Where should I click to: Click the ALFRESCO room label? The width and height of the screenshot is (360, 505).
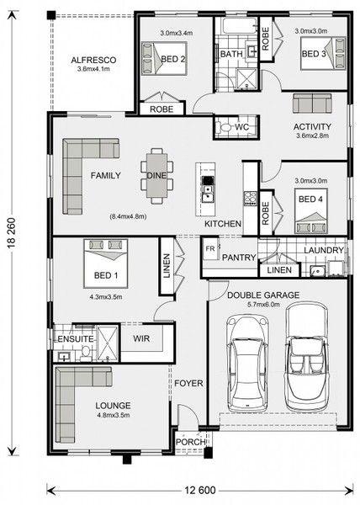[93, 61]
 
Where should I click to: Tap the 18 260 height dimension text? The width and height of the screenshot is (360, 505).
[13, 233]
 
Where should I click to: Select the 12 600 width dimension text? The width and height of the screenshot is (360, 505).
[200, 490]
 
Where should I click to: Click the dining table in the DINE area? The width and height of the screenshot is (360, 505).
[157, 176]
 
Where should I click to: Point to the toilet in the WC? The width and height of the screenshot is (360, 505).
[224, 127]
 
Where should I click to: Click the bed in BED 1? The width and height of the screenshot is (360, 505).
[106, 263]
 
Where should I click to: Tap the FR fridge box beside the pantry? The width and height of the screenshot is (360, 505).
[211, 248]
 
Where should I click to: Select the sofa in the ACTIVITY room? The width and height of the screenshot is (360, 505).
[312, 103]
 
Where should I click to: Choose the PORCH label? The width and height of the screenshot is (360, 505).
[190, 442]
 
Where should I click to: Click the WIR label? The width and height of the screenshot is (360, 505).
[141, 338]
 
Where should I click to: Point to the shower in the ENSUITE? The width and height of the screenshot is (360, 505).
[108, 343]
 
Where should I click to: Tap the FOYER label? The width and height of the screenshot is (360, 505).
[189, 383]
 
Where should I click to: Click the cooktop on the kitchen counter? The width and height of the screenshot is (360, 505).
[250, 199]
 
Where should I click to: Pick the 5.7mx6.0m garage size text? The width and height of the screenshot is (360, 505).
[263, 305]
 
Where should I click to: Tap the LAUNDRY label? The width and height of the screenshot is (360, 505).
[324, 250]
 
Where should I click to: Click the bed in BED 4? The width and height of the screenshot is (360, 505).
[310, 210]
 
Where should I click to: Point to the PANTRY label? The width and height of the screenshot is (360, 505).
[239, 258]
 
